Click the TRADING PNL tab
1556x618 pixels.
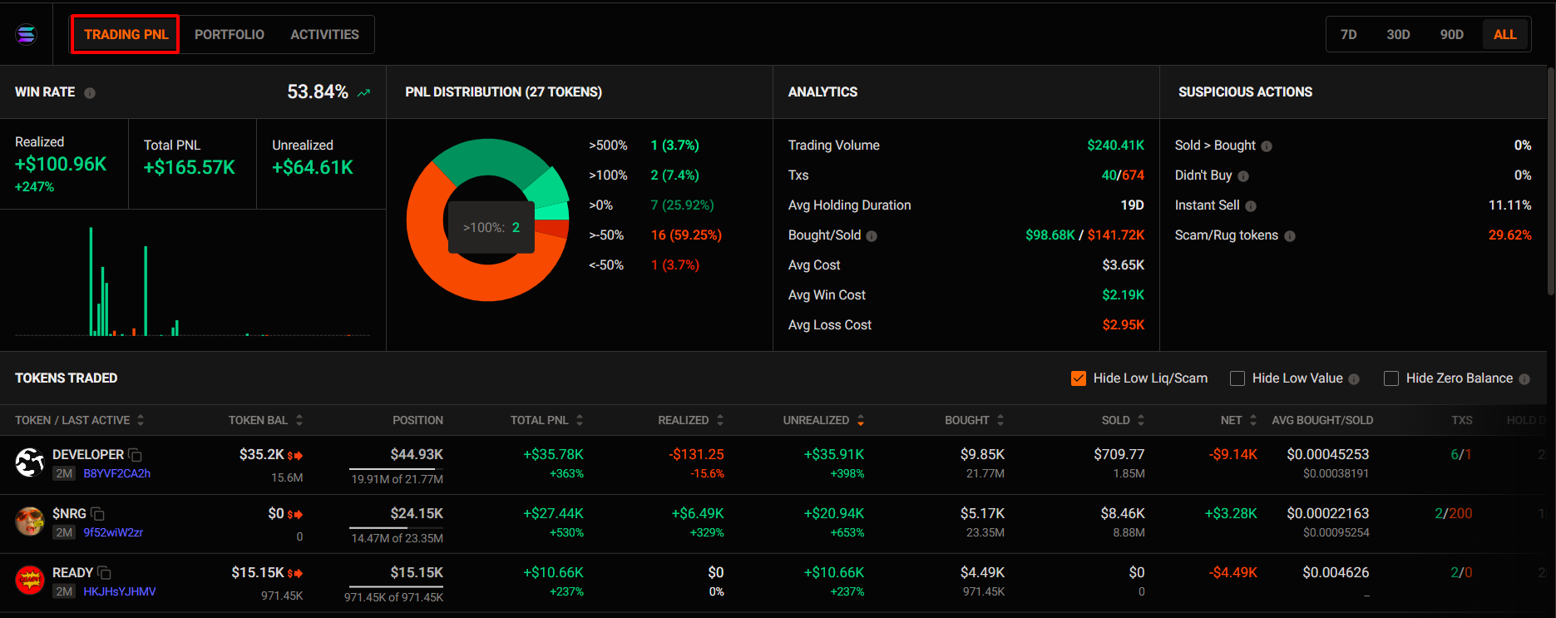tap(126, 34)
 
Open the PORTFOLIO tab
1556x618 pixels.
tap(229, 34)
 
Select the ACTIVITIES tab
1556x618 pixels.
tap(324, 34)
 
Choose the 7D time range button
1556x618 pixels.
tap(1348, 34)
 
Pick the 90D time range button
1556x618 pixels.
tap(1451, 34)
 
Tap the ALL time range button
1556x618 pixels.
tap(1504, 34)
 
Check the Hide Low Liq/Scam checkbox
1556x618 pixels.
tap(1079, 378)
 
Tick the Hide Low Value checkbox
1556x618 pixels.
tap(1237, 378)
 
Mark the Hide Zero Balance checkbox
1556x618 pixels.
tap(1391, 378)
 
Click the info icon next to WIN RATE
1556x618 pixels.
tap(90, 93)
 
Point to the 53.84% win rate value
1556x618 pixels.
tap(317, 91)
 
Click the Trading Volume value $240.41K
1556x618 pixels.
tap(1115, 145)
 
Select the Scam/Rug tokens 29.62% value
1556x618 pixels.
tap(1509, 235)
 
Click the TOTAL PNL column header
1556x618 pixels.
tap(540, 420)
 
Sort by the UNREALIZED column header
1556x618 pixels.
tap(816, 420)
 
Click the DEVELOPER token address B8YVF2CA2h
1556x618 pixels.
tap(116, 473)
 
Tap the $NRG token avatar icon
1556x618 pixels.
tap(30, 522)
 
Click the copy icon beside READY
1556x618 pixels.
tap(104, 573)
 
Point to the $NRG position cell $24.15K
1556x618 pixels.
tap(417, 513)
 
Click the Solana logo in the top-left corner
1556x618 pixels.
tap(27, 34)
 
